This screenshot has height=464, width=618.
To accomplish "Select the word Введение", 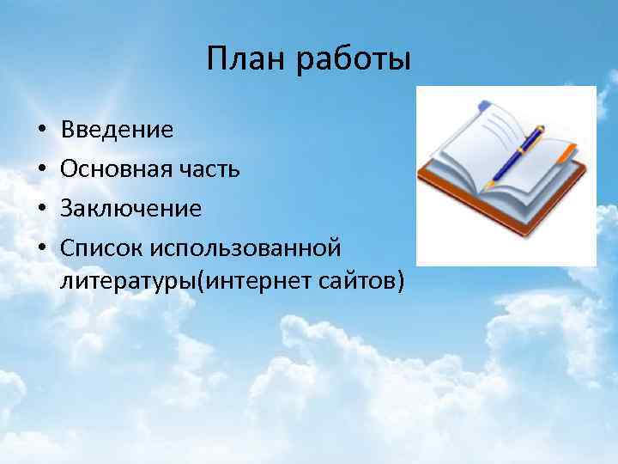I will coord(117,130).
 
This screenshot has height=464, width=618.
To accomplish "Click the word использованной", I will coord(245,247).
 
